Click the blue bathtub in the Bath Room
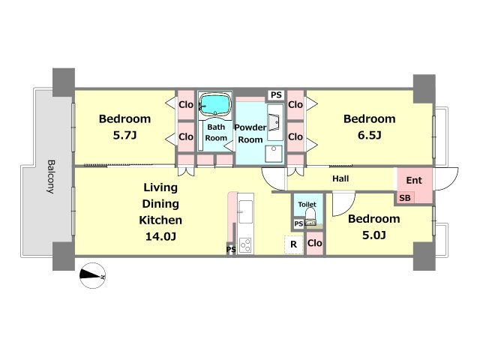(215, 104)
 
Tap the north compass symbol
(93, 275)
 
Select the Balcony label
(51, 177)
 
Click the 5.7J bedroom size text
(124, 135)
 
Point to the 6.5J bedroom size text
(370, 135)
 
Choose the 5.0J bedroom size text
(374, 235)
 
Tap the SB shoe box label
(405, 198)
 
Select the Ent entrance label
(414, 180)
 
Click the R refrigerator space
(293, 244)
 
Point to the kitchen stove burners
(245, 245)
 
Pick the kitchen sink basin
(245, 211)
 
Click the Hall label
(340, 178)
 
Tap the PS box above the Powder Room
(276, 95)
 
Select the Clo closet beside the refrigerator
(315, 243)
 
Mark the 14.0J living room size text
(160, 236)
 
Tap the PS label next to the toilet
(298, 223)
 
